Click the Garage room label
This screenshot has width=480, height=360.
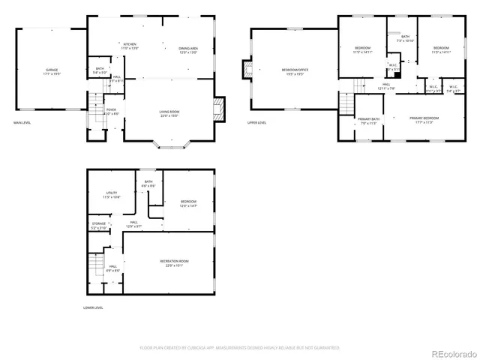click(51, 70)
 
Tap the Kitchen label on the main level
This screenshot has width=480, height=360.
click(130, 45)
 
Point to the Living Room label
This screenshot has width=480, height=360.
click(169, 112)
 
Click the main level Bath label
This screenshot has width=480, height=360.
click(100, 69)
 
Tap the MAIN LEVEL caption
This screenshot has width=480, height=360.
click(22, 123)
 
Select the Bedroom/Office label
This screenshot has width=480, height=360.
click(292, 70)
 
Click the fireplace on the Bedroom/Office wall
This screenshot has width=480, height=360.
click(245, 70)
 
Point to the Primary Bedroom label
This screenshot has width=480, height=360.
click(424, 118)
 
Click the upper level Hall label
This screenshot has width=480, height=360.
click(385, 85)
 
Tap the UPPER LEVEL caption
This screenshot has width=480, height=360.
click(256, 123)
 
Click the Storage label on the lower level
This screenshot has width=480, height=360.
click(99, 223)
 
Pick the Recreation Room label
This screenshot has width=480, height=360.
click(173, 262)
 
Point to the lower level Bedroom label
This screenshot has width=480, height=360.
click(187, 202)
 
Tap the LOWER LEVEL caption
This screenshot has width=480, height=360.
click(93, 307)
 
